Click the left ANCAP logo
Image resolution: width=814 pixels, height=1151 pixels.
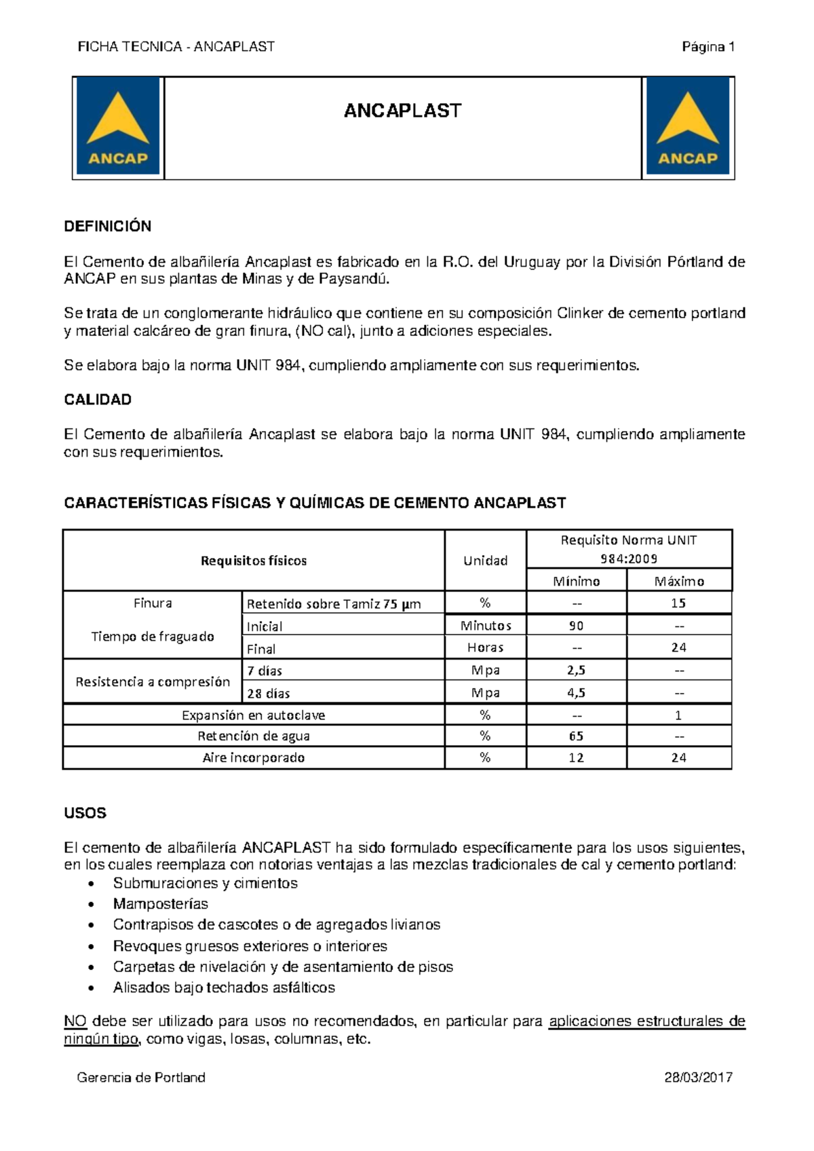point(118,127)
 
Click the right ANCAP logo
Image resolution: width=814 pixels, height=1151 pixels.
point(688,127)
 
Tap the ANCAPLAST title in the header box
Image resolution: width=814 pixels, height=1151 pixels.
point(402,111)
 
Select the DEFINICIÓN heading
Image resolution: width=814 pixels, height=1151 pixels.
point(107,227)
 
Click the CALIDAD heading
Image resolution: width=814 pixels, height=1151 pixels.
point(98,400)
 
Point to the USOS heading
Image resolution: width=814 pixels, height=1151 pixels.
point(85,813)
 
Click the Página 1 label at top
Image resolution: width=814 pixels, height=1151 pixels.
point(708,47)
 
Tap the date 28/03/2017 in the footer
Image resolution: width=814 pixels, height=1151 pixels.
point(698,1078)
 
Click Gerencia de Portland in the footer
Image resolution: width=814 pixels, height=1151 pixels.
point(141,1078)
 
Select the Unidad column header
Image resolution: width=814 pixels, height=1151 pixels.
point(485,561)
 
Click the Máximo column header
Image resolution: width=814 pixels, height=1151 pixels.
point(679,582)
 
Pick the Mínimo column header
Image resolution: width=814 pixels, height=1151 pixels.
point(576,582)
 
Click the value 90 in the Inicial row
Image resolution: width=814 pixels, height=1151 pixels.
point(576,626)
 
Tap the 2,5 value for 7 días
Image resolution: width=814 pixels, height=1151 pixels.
point(576,671)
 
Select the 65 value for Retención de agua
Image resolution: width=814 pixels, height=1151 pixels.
point(576,736)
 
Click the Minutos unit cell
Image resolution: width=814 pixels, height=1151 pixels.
point(485,626)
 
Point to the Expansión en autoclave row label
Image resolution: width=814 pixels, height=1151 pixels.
point(253,715)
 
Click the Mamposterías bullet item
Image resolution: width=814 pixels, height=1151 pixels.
point(160,904)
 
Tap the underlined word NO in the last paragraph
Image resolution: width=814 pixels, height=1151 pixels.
point(75,1021)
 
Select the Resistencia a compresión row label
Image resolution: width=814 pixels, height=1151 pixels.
point(153,682)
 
